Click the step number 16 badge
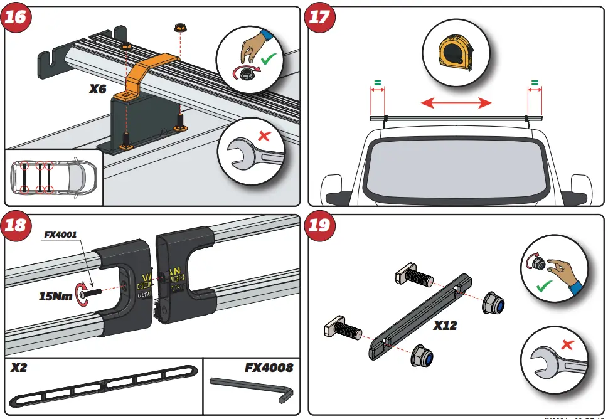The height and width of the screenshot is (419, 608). pos(16,17)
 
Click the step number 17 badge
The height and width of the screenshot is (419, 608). pos(319,17)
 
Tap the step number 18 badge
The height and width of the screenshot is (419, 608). pos(16,225)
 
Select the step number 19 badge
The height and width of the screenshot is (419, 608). pos(319,225)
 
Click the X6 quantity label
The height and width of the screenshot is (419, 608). pos(98,89)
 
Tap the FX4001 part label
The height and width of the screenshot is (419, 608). pos(60,235)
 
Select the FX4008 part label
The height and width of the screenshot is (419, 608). pos(269,368)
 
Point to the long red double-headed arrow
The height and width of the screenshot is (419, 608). pos(456,102)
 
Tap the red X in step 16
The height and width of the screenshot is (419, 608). pos(265,135)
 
